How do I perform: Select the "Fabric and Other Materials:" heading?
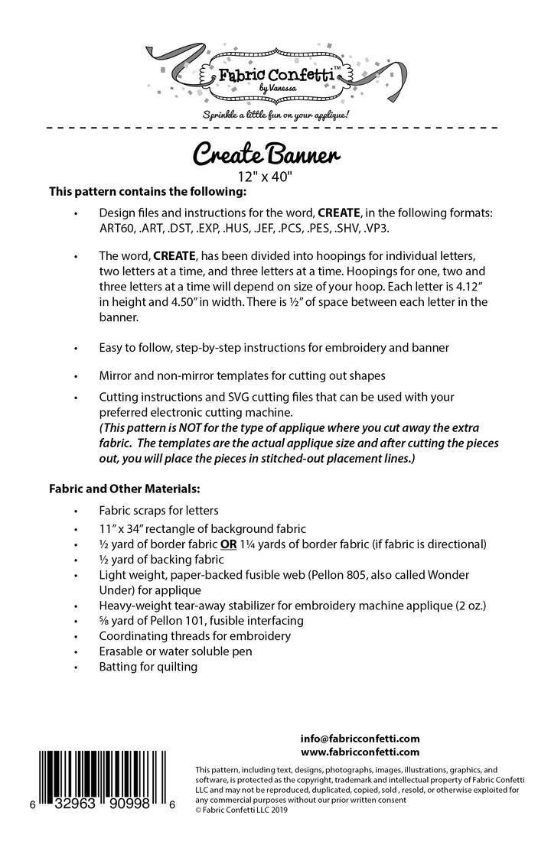[x=125, y=486]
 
